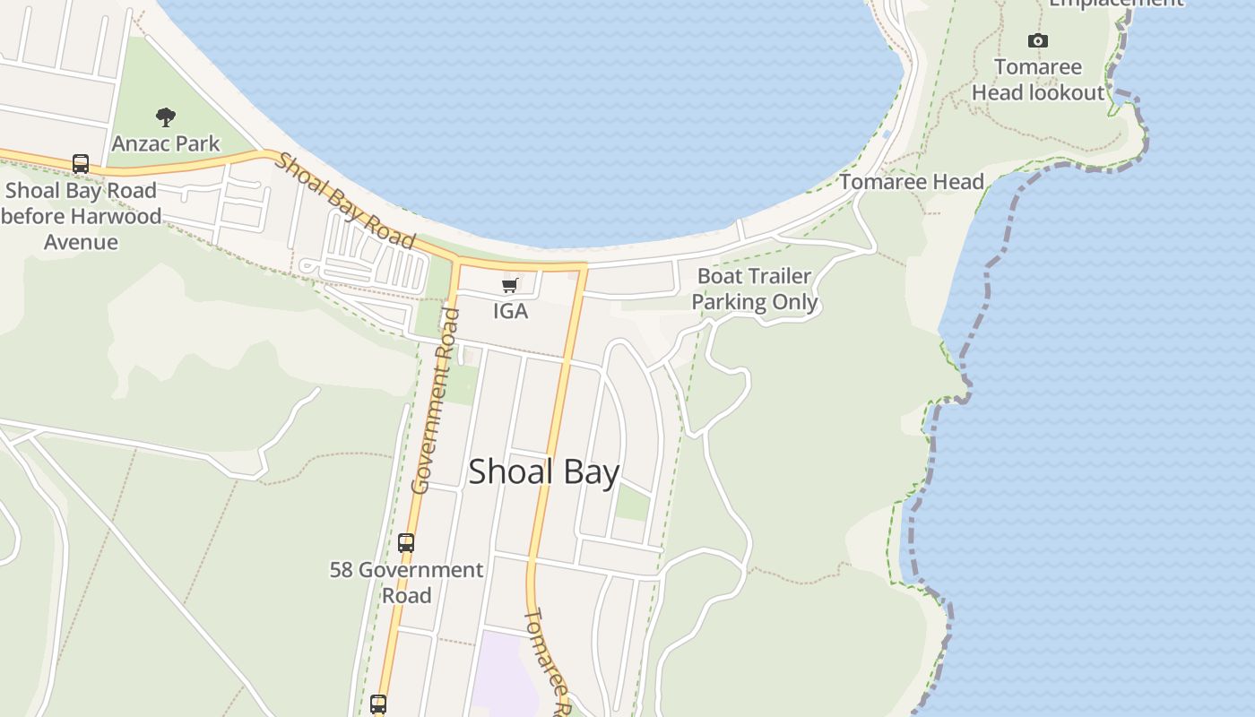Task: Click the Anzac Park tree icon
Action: (165, 117)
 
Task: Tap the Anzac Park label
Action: (166, 143)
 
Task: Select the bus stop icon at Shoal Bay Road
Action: (81, 164)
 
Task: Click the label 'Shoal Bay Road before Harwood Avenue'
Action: (81, 216)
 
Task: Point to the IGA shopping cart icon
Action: (509, 286)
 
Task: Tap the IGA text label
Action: (510, 311)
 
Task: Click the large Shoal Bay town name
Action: (543, 471)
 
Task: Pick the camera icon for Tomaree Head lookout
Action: (1037, 40)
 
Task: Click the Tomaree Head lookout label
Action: (1038, 80)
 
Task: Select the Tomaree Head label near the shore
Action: (912, 182)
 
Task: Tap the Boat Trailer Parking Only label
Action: (754, 289)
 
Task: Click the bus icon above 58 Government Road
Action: (406, 542)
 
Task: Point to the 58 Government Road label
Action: (406, 582)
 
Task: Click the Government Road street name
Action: (435, 402)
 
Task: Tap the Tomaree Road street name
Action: (548, 661)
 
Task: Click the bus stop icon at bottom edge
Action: (378, 704)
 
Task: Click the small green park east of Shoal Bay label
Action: (632, 503)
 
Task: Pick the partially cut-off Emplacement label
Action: (1116, 4)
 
